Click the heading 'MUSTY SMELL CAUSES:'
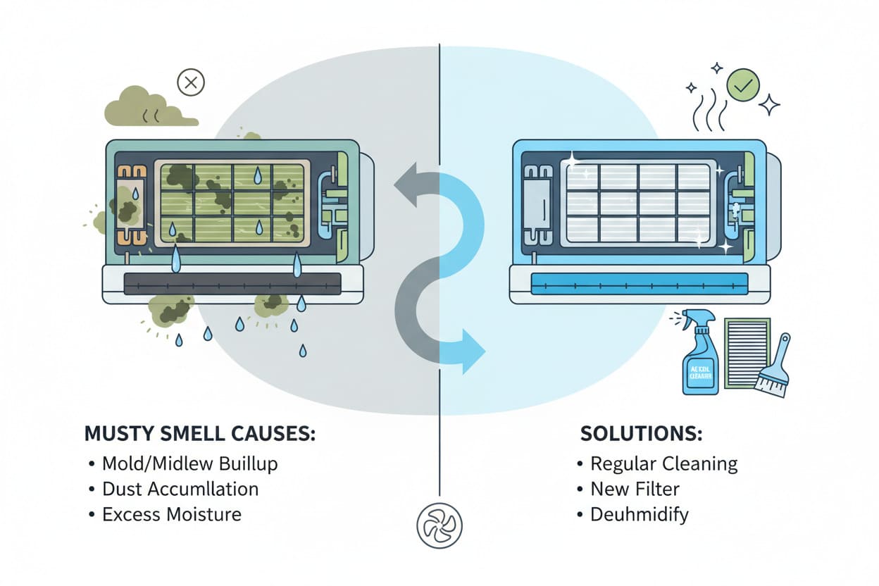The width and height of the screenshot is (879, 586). (199, 433)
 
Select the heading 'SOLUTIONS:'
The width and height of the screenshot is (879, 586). (641, 433)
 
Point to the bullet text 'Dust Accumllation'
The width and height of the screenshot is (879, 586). (180, 489)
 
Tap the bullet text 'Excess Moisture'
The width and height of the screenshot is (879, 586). (172, 514)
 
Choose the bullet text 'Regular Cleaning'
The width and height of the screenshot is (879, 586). (664, 463)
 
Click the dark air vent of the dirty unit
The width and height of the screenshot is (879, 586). (232, 284)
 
